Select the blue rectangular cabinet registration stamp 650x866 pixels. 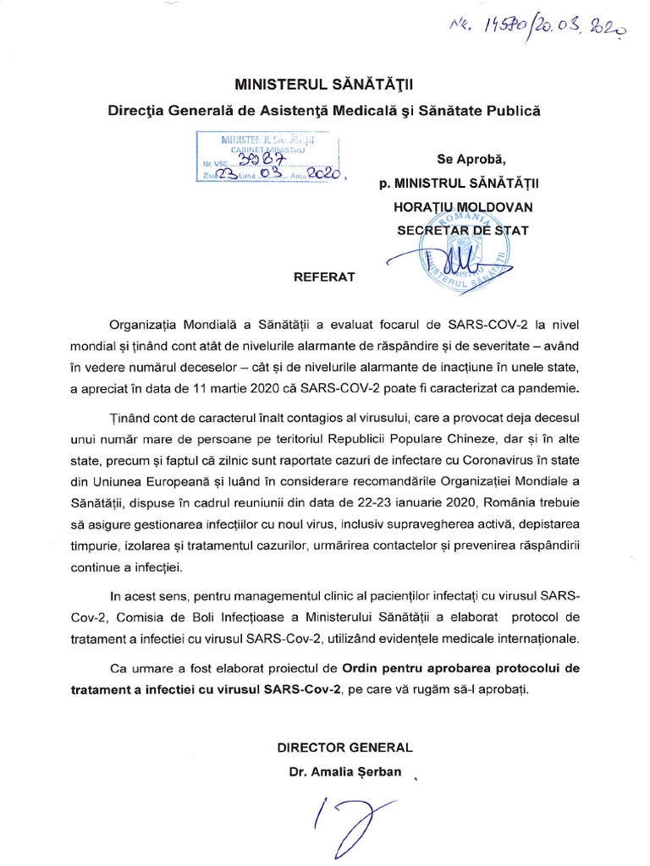267,156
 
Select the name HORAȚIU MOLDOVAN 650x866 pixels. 463,206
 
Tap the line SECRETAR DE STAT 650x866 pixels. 463,229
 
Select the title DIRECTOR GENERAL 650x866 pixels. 344,748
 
